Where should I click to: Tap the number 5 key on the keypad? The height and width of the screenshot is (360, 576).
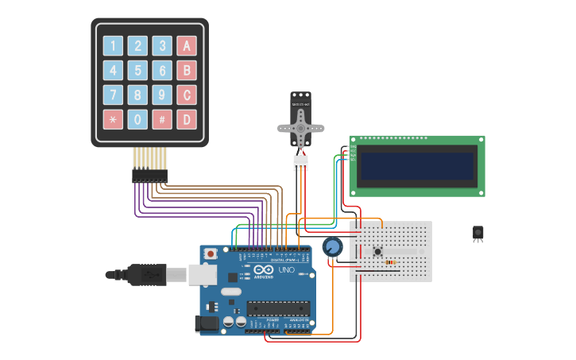click(x=138, y=71)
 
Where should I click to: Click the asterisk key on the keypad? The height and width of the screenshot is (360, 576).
click(x=114, y=120)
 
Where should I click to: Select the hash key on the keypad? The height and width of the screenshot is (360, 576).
click(x=162, y=120)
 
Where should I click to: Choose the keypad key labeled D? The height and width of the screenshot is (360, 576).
click(x=187, y=120)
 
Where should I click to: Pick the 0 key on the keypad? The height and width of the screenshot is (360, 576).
click(x=138, y=120)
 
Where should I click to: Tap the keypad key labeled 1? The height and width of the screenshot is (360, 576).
click(x=114, y=46)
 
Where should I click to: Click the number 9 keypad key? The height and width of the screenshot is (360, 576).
click(x=162, y=95)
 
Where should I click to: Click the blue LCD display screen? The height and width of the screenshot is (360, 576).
click(x=417, y=166)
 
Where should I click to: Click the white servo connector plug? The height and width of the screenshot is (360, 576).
click(x=300, y=162)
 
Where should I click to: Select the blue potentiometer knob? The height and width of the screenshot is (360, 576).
click(x=333, y=247)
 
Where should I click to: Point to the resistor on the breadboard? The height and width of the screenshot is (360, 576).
click(x=391, y=261)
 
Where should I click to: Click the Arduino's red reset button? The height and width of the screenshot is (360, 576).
click(x=210, y=253)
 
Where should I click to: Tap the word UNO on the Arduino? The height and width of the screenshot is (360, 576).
click(x=285, y=270)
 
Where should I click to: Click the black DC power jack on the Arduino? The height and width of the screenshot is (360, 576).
click(x=206, y=323)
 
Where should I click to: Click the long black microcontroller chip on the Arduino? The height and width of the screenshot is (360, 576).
click(x=276, y=308)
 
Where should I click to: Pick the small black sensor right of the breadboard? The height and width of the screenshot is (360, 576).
click(x=477, y=232)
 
